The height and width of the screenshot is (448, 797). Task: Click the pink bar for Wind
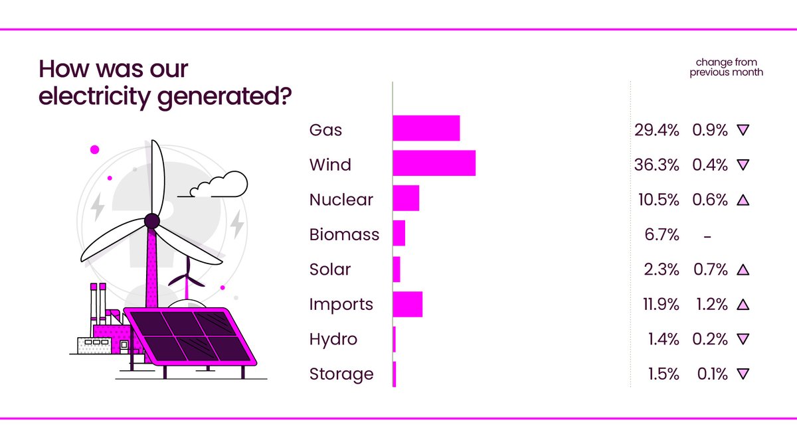click(x=434, y=163)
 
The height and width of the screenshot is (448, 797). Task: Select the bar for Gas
click(x=426, y=128)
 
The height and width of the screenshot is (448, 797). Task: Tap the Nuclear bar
click(x=406, y=198)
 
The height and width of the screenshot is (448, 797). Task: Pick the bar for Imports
click(x=407, y=304)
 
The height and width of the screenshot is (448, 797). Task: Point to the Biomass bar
click(x=398, y=234)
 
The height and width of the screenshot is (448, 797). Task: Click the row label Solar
click(x=329, y=269)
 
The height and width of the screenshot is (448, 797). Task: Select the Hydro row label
click(x=333, y=339)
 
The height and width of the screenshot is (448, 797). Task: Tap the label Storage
click(x=341, y=374)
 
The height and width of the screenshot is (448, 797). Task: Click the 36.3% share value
click(x=657, y=165)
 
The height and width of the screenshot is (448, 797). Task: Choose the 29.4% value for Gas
click(x=657, y=130)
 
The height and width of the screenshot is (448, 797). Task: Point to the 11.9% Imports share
click(x=658, y=305)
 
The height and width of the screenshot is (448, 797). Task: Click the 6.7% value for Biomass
click(x=662, y=234)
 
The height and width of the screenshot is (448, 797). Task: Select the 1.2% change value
click(x=710, y=305)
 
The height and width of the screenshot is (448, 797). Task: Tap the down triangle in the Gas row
click(x=743, y=130)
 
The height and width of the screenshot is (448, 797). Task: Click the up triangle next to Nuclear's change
click(x=743, y=200)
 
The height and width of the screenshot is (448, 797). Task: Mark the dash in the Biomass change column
click(x=707, y=235)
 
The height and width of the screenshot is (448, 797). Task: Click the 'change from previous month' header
click(x=726, y=67)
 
